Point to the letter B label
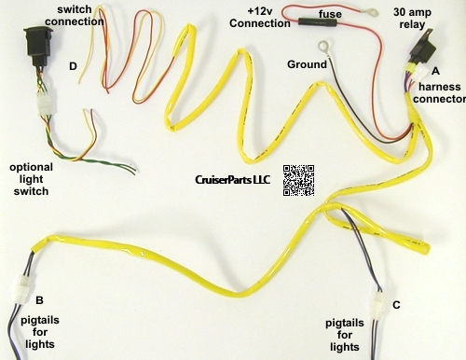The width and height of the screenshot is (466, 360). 39,299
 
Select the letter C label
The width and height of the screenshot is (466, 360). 396,304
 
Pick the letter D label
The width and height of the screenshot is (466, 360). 74,67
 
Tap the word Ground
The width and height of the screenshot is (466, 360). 307,64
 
